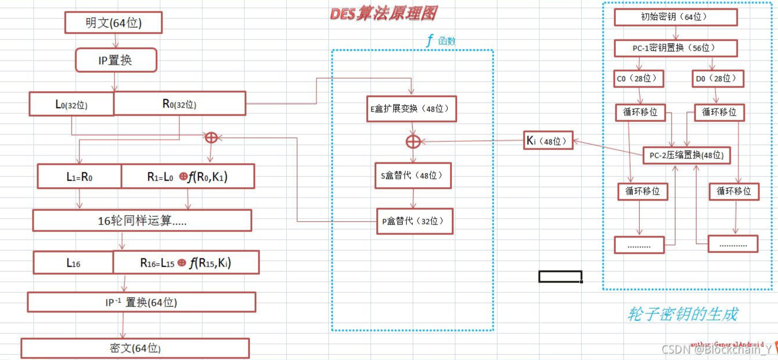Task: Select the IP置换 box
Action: [116, 60]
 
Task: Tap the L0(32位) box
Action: [71, 104]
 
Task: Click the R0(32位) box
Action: [179, 104]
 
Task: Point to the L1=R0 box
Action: [79, 176]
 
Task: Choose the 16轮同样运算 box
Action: [142, 221]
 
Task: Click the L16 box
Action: [73, 263]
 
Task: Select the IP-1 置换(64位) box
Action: [141, 302]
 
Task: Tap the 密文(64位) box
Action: [135, 348]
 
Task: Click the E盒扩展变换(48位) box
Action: [412, 109]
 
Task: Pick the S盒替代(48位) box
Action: [413, 176]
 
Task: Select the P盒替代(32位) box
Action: [414, 221]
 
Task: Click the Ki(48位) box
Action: [547, 140]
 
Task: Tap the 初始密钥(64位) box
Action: [674, 17]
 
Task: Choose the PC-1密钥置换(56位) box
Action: [674, 48]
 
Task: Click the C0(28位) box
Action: [639, 78]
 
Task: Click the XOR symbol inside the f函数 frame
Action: [413, 141]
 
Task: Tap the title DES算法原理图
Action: [383, 13]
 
